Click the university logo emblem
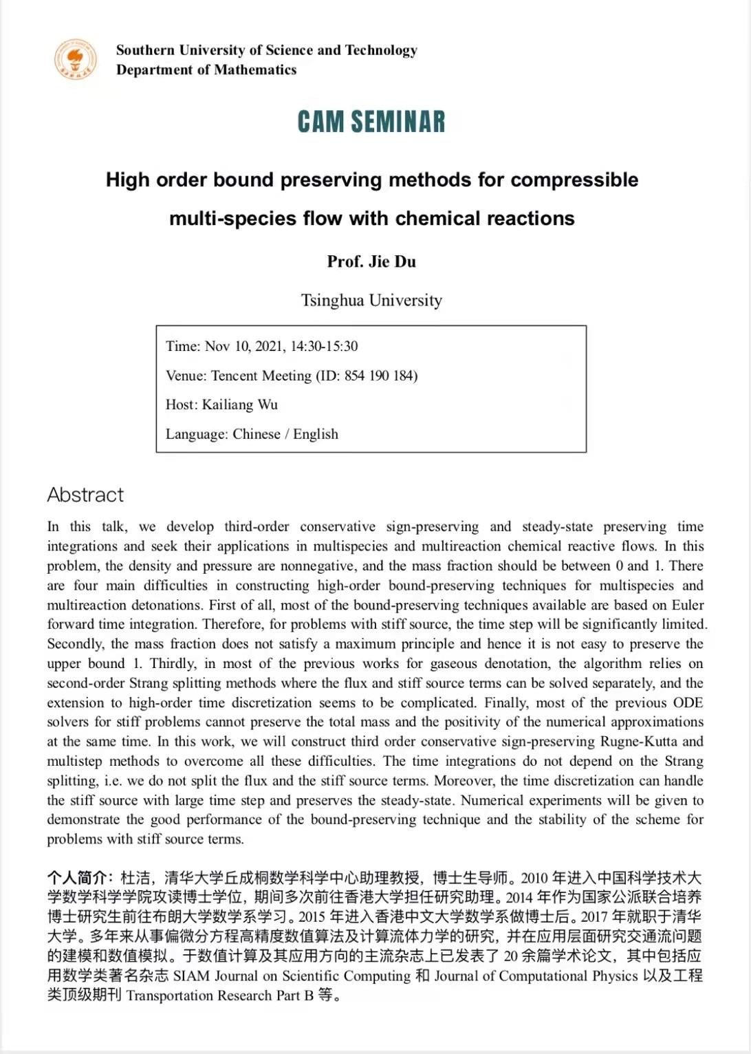(75, 59)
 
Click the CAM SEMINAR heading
(371, 122)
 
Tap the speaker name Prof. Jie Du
(371, 261)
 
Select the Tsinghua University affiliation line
(371, 300)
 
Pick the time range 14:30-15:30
(324, 346)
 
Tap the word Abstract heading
(85, 495)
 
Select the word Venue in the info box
(185, 376)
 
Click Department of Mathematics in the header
(206, 69)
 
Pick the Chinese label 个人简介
(77, 878)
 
